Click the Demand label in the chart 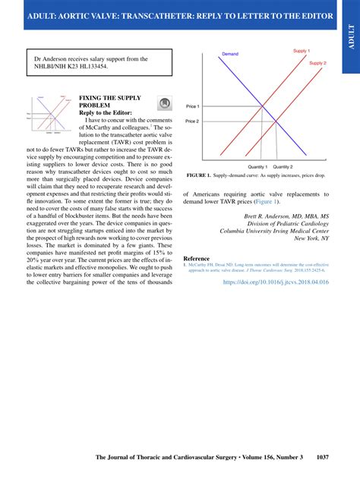click(230, 55)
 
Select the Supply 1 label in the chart click(302, 51)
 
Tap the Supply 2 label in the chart click(318, 63)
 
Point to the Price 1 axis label click(192, 106)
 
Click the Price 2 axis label click(192, 121)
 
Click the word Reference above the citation click(196, 258)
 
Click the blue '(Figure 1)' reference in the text click(266, 202)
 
